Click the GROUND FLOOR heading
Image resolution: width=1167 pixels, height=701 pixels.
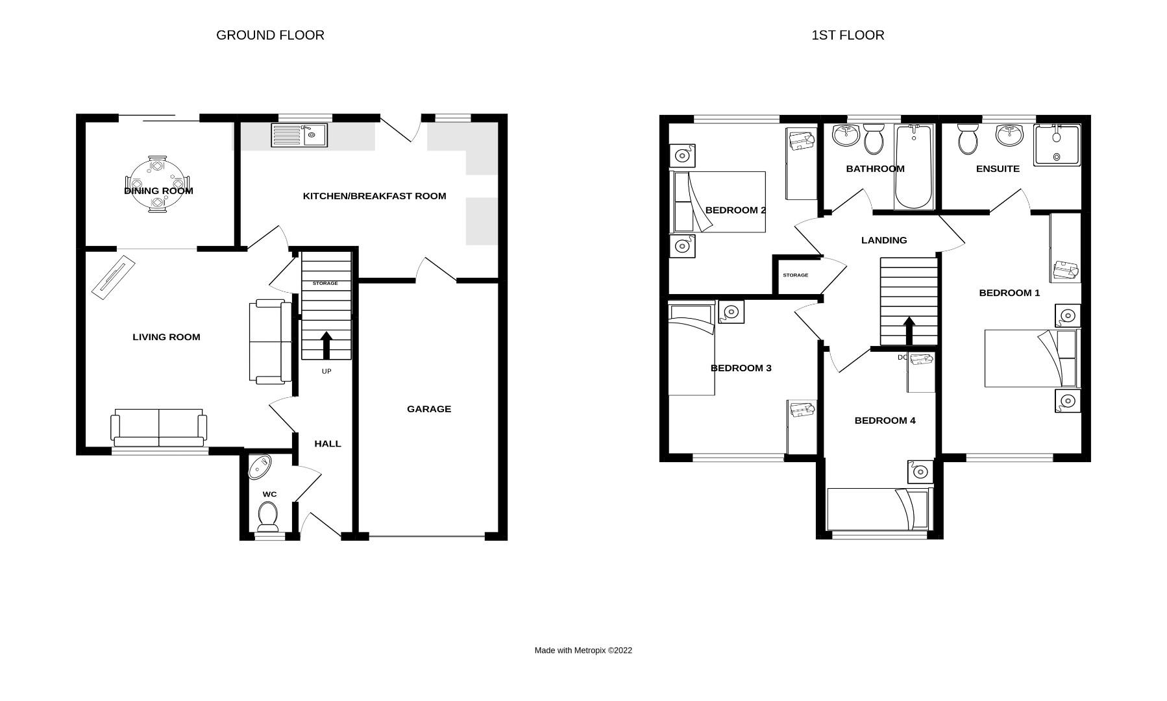(x=270, y=35)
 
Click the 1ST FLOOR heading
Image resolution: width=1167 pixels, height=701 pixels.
(x=848, y=35)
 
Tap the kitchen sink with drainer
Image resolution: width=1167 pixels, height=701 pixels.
(x=299, y=135)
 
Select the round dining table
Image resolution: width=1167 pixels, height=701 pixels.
(x=158, y=184)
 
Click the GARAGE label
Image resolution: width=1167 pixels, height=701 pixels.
(x=428, y=409)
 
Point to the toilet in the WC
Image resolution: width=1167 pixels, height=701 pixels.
(x=268, y=517)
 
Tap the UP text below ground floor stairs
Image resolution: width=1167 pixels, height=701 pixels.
(x=326, y=371)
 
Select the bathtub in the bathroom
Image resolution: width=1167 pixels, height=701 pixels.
(x=914, y=167)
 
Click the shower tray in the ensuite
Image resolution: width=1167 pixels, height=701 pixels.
(x=1057, y=145)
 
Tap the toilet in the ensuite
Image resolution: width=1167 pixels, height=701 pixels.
(x=968, y=139)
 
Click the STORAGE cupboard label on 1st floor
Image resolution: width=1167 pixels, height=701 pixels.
(x=795, y=275)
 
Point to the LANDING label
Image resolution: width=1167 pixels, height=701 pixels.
(x=883, y=240)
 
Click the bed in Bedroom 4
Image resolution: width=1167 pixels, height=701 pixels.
(x=879, y=509)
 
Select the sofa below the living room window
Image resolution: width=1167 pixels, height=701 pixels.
(x=159, y=427)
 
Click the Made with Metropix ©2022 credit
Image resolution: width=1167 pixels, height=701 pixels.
(x=583, y=650)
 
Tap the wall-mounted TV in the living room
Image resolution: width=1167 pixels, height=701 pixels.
(x=113, y=277)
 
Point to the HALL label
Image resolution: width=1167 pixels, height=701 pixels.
(x=327, y=444)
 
